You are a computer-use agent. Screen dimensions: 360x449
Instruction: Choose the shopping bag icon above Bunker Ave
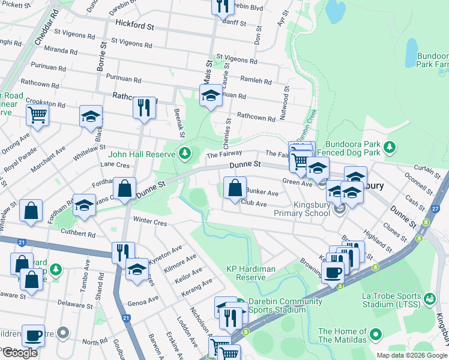pyautogui.click(x=235, y=188)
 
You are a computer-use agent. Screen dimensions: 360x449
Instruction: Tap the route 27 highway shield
pyautogui.click(x=435, y=208)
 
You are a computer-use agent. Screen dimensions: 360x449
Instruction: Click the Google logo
pyautogui.click(x=20, y=353)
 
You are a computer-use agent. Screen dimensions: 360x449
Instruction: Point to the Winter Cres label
pyautogui.click(x=149, y=222)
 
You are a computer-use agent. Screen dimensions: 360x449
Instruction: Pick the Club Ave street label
pyautogui.click(x=253, y=203)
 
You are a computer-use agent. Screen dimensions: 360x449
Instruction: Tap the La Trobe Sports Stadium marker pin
pyautogui.click(x=429, y=298)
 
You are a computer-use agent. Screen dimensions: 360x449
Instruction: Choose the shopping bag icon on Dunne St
pyautogui.click(x=124, y=188)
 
